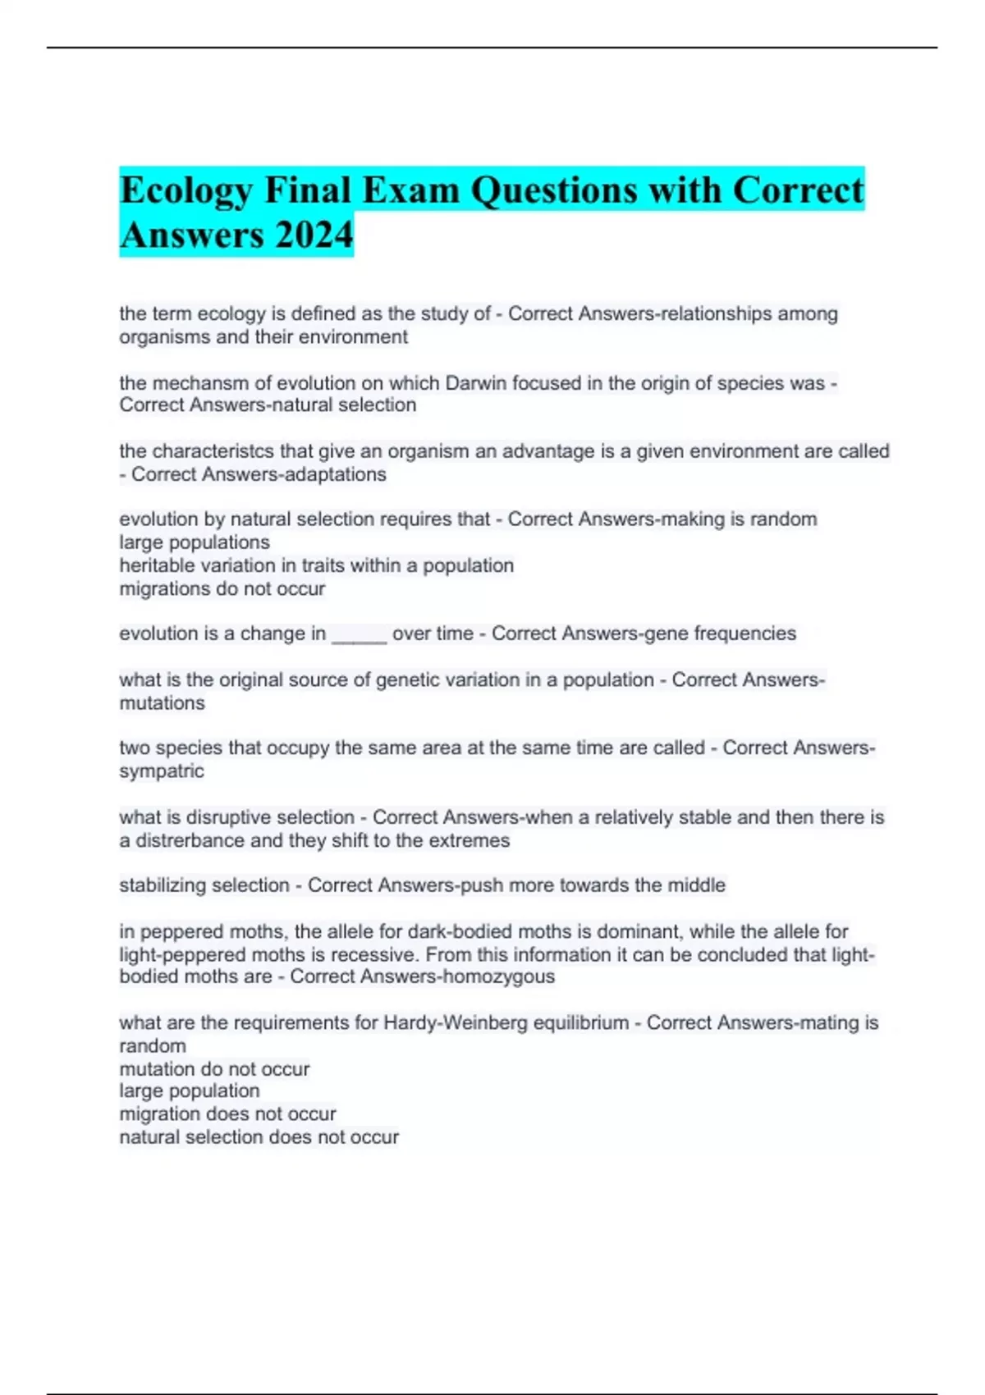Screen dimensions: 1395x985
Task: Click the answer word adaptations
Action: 336,474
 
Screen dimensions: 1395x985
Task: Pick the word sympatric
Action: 162,771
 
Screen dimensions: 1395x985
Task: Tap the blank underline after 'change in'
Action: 359,634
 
